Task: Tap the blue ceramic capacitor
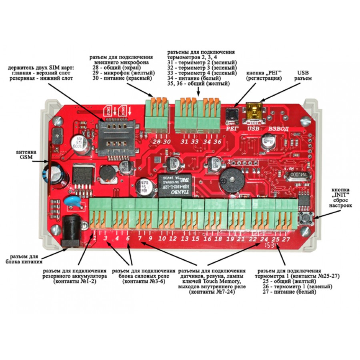(x=76, y=201)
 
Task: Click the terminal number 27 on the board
(x=286, y=239)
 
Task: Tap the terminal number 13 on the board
(x=184, y=239)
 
